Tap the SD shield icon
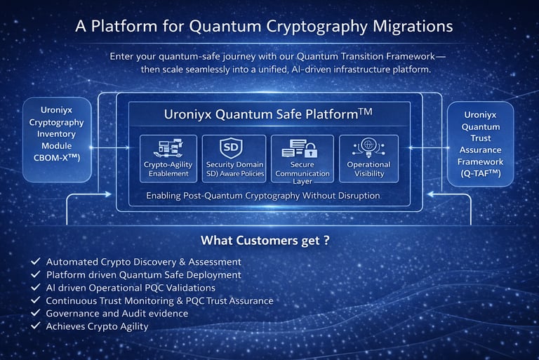tap(231, 147)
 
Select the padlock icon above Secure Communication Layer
tap(311, 149)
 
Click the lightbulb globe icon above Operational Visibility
tap(368, 147)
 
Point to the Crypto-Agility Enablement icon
tap(168, 148)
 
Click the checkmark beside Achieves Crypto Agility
tap(35, 326)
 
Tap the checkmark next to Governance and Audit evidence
tap(35, 313)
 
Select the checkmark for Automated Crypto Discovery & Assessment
tap(35, 261)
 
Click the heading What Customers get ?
tap(265, 240)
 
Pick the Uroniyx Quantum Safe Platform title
tap(268, 114)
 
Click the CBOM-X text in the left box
tap(57, 157)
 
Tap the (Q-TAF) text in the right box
tap(481, 173)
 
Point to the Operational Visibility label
tap(369, 169)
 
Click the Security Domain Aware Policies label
tap(235, 169)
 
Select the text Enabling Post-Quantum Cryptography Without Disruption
tap(263, 196)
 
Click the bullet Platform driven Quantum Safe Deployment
tap(144, 274)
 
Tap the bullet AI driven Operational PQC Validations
tap(131, 288)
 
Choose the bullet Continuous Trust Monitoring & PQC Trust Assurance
tap(160, 300)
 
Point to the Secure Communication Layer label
tap(302, 173)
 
